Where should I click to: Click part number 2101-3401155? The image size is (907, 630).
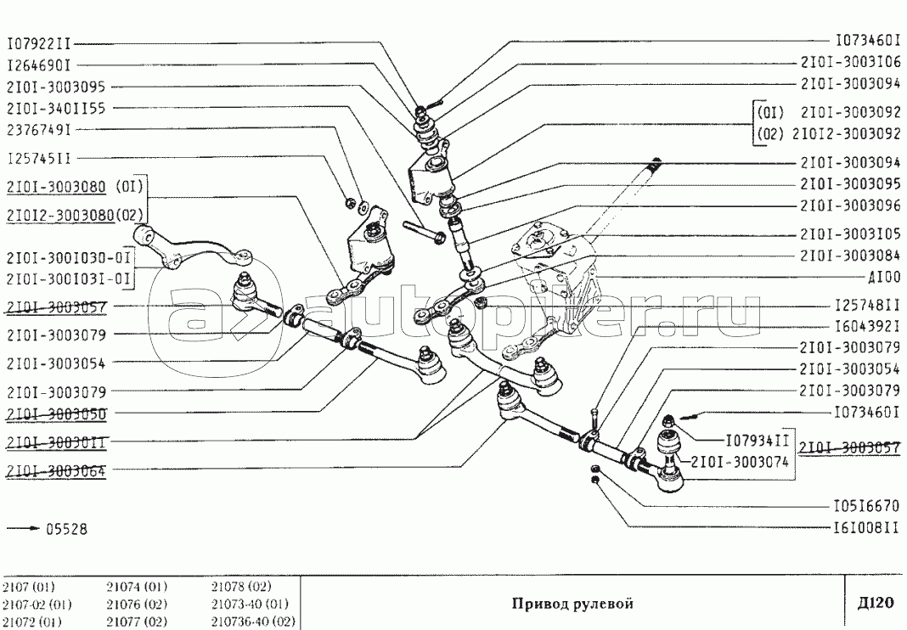(x=56, y=108)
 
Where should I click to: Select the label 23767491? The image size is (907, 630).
(x=38, y=130)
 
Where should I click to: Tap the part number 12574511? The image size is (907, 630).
(x=38, y=159)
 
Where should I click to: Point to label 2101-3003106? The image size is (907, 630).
(x=851, y=62)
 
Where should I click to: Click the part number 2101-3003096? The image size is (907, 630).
(x=851, y=206)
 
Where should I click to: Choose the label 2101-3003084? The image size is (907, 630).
(x=851, y=256)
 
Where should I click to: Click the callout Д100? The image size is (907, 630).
(x=884, y=278)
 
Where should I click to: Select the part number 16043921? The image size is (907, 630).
(x=868, y=326)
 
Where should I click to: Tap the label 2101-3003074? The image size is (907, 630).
(x=739, y=462)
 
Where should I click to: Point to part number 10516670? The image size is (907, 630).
(x=868, y=506)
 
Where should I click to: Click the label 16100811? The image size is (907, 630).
(x=868, y=527)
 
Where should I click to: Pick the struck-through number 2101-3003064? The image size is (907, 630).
(x=56, y=471)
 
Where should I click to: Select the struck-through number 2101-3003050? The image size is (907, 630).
(x=56, y=414)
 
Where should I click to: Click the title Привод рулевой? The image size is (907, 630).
(x=572, y=604)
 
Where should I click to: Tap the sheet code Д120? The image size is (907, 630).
(x=876, y=603)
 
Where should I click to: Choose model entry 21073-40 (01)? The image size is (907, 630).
(x=251, y=605)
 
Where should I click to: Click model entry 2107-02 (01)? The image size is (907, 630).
(x=37, y=605)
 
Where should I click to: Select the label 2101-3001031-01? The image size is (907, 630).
(x=69, y=278)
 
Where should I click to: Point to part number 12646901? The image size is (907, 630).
(x=38, y=65)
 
